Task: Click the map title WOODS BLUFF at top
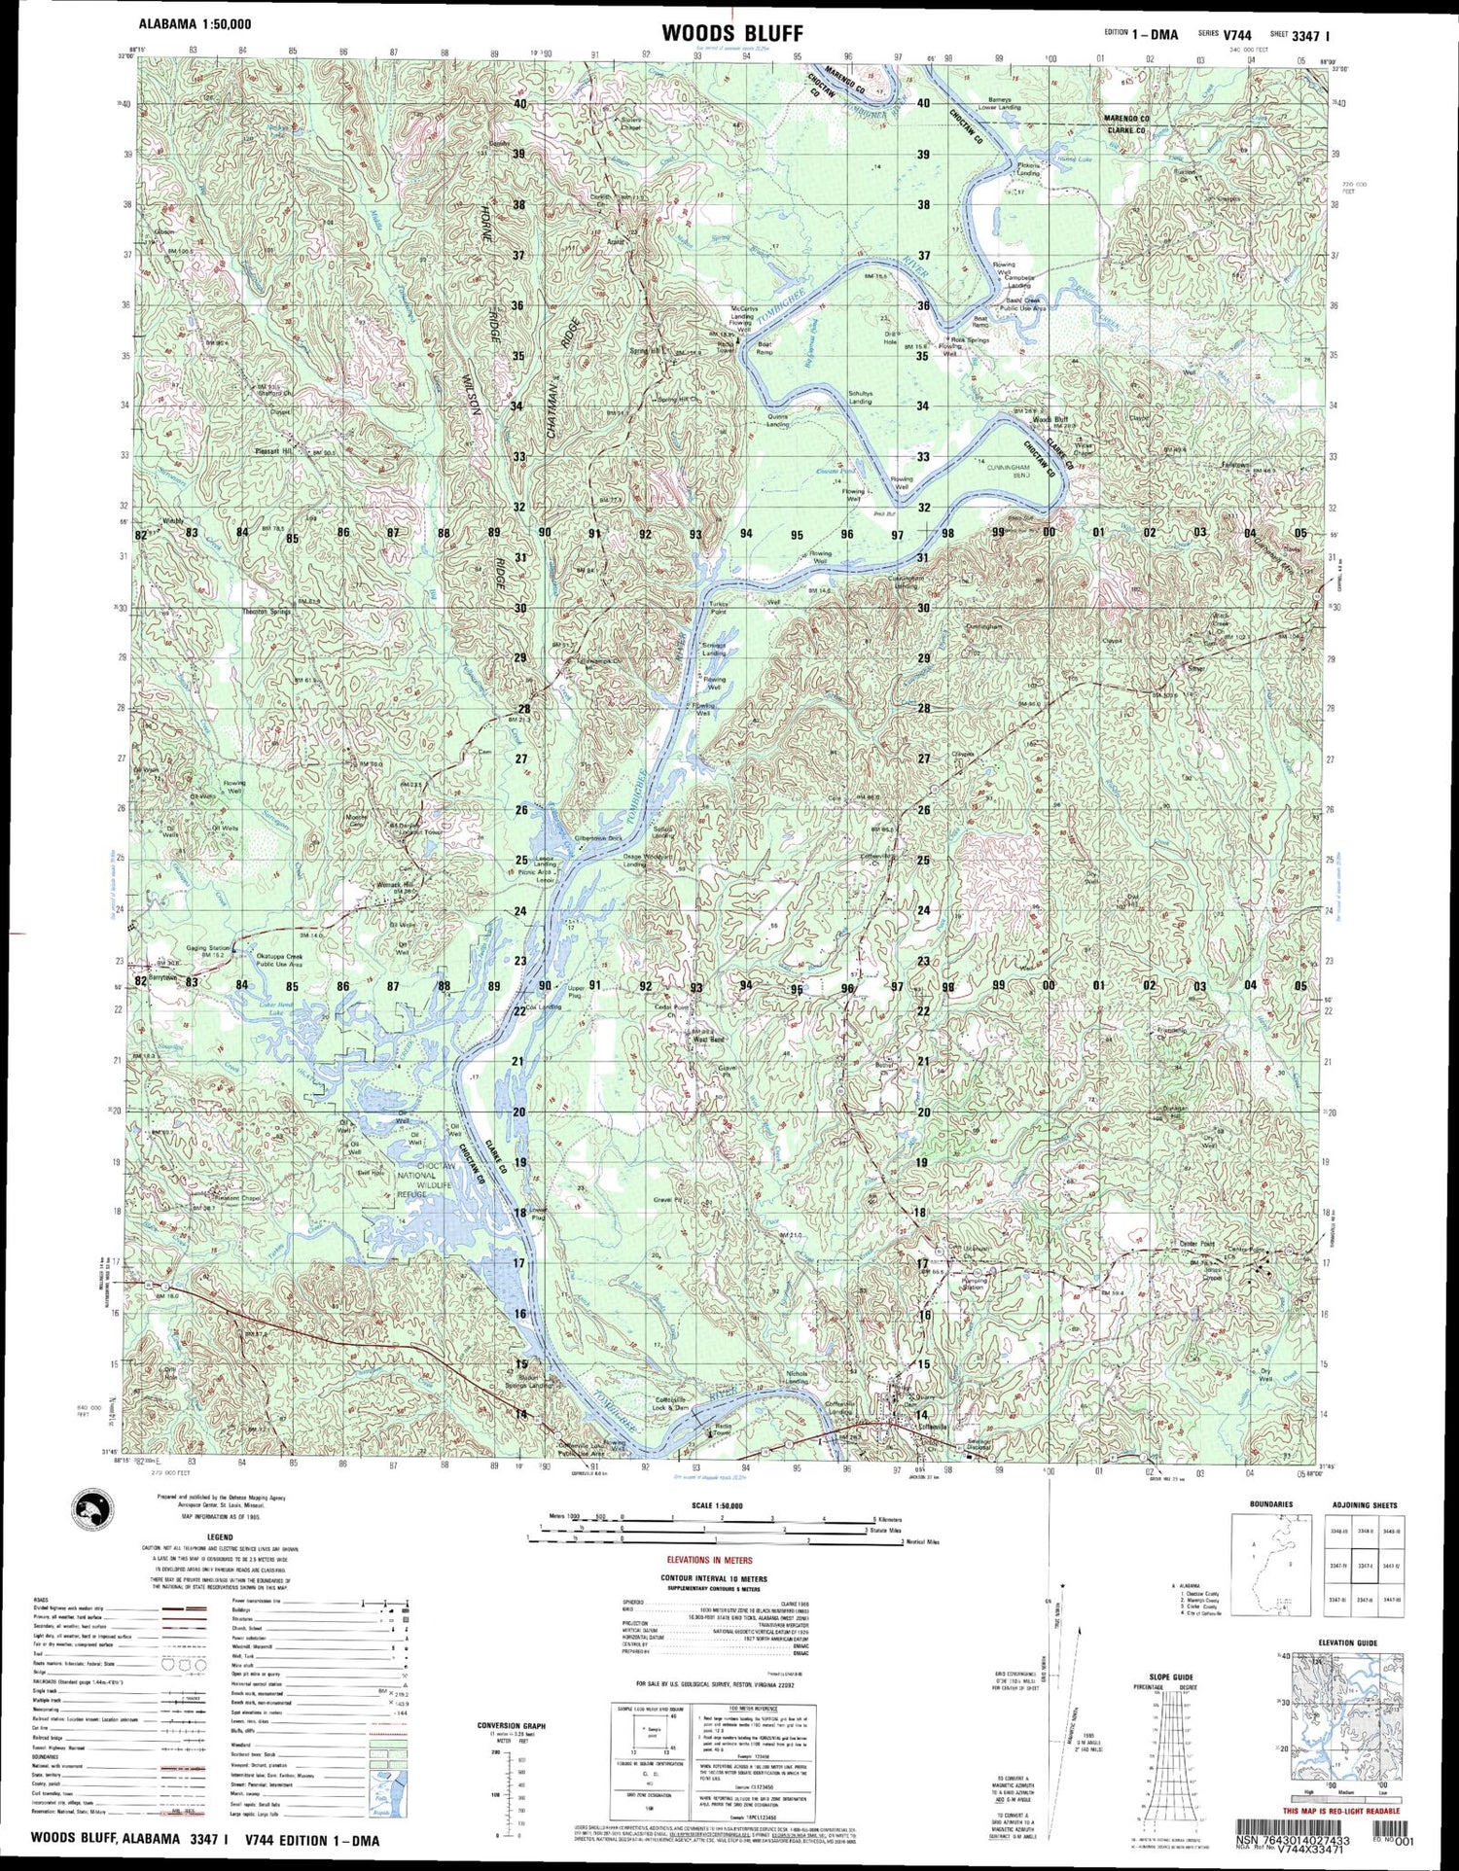[731, 33]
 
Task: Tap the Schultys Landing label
[860, 397]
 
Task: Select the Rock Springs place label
[970, 340]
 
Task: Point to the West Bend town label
[708, 1039]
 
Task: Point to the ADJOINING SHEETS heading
[1362, 1504]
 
